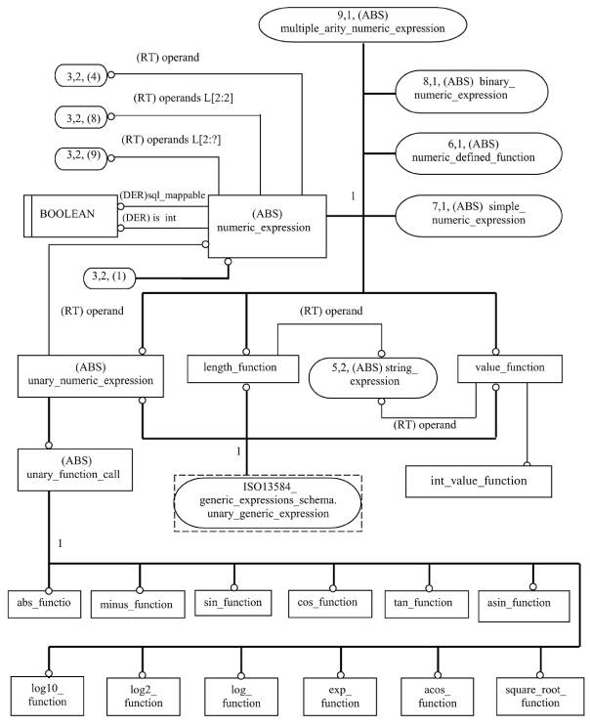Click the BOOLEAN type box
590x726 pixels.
[70, 216]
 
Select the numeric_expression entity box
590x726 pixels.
[268, 226]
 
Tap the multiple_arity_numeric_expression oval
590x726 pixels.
[362, 24]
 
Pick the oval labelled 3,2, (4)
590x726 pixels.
[81, 75]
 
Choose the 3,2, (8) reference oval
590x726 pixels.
[81, 117]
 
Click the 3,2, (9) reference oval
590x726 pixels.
[81, 158]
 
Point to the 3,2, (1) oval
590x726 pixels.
[110, 278]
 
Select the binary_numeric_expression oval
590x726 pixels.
[472, 91]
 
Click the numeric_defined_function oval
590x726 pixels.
[479, 153]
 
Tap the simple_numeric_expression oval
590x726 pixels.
[479, 216]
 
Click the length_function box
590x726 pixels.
[243, 368]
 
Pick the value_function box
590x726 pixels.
[510, 368]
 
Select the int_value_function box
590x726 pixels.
[479, 482]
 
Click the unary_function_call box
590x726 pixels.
[75, 469]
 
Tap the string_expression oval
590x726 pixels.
[373, 377]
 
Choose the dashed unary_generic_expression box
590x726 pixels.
[268, 503]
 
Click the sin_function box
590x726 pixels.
[233, 603]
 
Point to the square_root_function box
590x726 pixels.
[540, 697]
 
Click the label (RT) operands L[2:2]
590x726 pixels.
[184, 98]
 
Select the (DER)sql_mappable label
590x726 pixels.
[162, 194]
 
